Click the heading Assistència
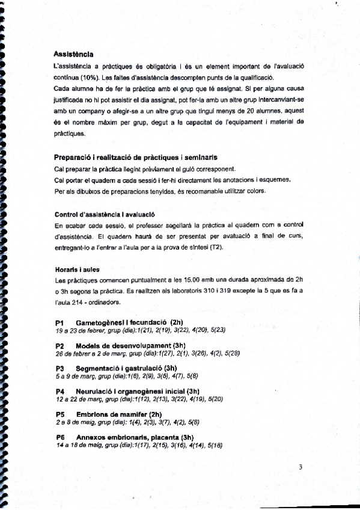pos(73,55)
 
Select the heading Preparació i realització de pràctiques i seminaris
pos(136,157)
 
